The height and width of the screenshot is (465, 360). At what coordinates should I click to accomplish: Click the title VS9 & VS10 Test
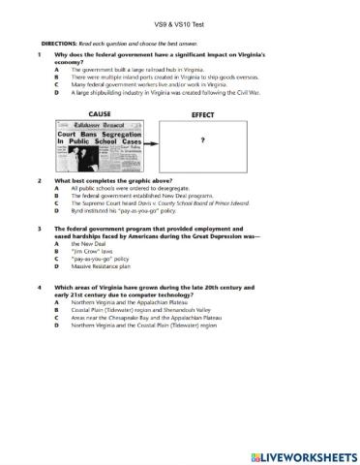click(180, 20)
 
